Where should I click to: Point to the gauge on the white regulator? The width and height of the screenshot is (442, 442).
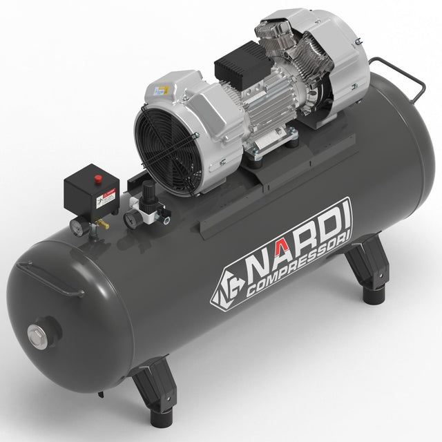pos(130,218)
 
